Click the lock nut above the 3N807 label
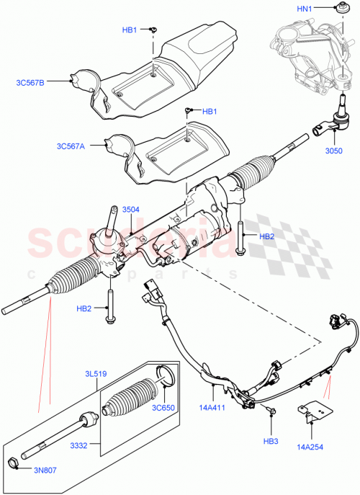click(14, 463)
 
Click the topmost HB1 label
click(130, 30)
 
